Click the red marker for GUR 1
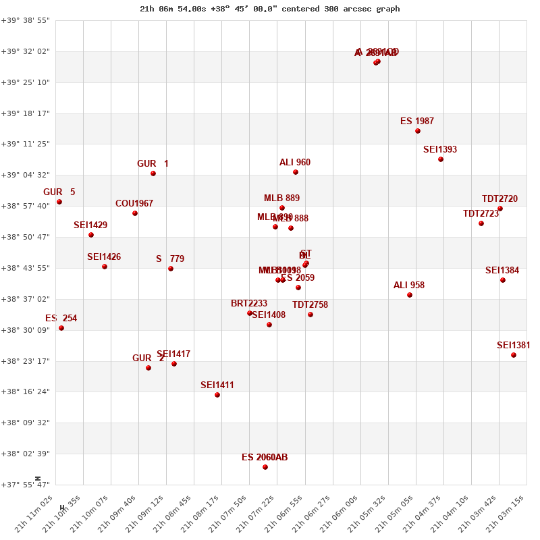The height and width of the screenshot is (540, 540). pyautogui.click(x=153, y=173)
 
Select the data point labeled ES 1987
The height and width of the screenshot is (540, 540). pyautogui.click(x=418, y=131)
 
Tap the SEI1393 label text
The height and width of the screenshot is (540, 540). pyautogui.click(x=440, y=150)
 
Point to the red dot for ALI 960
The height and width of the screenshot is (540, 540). pyautogui.click(x=296, y=172)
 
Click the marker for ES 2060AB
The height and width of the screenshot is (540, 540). pyautogui.click(x=265, y=467)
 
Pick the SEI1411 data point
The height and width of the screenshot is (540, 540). pyautogui.click(x=217, y=395)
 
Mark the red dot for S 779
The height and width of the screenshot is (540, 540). pyautogui.click(x=171, y=269)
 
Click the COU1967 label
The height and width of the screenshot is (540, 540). pyautogui.click(x=134, y=204)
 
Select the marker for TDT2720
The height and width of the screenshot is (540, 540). pyautogui.click(x=500, y=209)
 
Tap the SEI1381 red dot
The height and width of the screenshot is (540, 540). pyautogui.click(x=514, y=355)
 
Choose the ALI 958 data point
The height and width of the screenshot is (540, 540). pyautogui.click(x=410, y=295)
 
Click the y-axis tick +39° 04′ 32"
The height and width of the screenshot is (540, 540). pyautogui.click(x=26, y=175)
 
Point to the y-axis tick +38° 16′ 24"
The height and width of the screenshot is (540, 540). pyautogui.click(x=26, y=391)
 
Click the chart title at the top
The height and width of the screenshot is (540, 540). pyautogui.click(x=270, y=9)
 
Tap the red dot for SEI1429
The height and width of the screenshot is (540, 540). pyautogui.click(x=91, y=235)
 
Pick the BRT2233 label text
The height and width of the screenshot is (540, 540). pyautogui.click(x=249, y=304)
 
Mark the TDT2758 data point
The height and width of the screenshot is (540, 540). pyautogui.click(x=310, y=315)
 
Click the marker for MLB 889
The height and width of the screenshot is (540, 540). pyautogui.click(x=282, y=208)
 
